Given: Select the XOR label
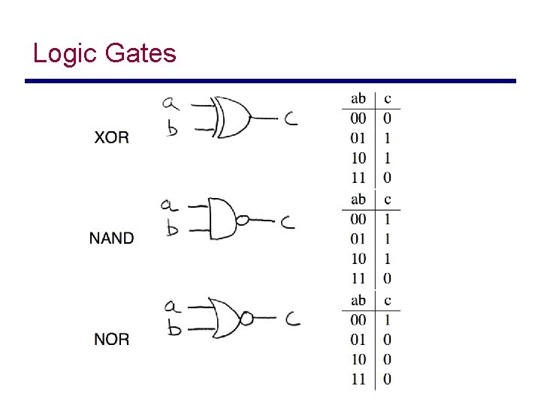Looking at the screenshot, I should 111,137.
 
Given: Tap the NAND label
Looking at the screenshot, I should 111,238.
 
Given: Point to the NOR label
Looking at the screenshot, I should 111,340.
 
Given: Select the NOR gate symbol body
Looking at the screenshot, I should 225,318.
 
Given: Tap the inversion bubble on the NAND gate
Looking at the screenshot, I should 242,220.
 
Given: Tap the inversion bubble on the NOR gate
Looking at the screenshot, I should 246,319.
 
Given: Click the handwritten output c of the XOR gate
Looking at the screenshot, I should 290,118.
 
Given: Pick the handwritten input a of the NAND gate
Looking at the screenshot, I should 169,205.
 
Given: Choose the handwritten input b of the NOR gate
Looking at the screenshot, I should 174,328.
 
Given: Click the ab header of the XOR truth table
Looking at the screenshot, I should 358,98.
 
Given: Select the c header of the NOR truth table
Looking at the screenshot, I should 387,300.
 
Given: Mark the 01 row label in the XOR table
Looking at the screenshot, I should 358,138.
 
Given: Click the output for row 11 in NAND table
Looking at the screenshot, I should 387,279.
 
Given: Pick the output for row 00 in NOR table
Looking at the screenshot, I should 387,320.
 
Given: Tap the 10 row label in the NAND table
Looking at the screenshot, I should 358,259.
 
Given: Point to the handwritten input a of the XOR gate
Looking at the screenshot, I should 171,103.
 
